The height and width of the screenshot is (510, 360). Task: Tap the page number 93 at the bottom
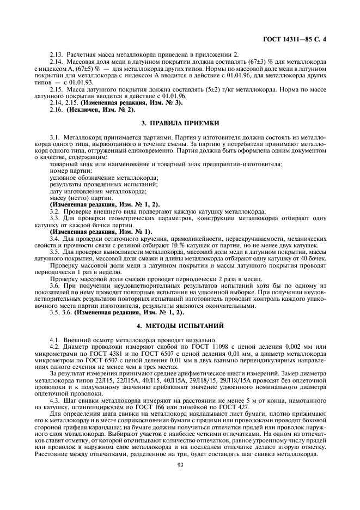point(180,479)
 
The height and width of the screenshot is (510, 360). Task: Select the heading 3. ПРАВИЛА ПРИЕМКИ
point(180,124)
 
